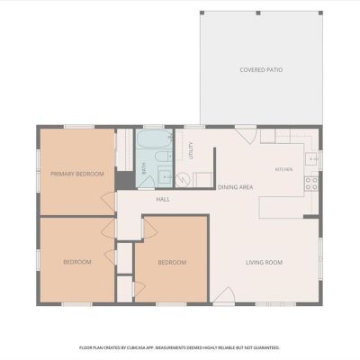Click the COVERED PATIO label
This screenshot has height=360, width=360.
(261, 70)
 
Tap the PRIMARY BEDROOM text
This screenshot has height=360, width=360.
(77, 174)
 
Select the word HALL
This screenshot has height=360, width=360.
(163, 200)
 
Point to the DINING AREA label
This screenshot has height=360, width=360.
(235, 187)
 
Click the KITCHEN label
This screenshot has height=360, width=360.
(283, 169)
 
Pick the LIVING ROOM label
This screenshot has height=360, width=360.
(264, 263)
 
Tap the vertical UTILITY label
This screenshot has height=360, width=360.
(191, 150)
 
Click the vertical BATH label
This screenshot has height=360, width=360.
(144, 169)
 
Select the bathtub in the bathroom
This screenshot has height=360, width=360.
(155, 139)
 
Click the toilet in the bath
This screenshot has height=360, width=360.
(164, 157)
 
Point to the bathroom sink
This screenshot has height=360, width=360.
(165, 176)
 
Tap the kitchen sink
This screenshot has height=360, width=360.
(311, 159)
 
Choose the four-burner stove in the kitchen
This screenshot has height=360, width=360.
(311, 184)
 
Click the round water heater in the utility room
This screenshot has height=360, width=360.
(183, 180)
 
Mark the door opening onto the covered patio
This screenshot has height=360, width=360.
(247, 135)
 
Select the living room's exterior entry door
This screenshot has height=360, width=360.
(224, 295)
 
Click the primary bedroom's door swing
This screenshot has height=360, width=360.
(108, 200)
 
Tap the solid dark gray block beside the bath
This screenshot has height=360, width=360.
(125, 180)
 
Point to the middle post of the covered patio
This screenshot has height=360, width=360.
(258, 13)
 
